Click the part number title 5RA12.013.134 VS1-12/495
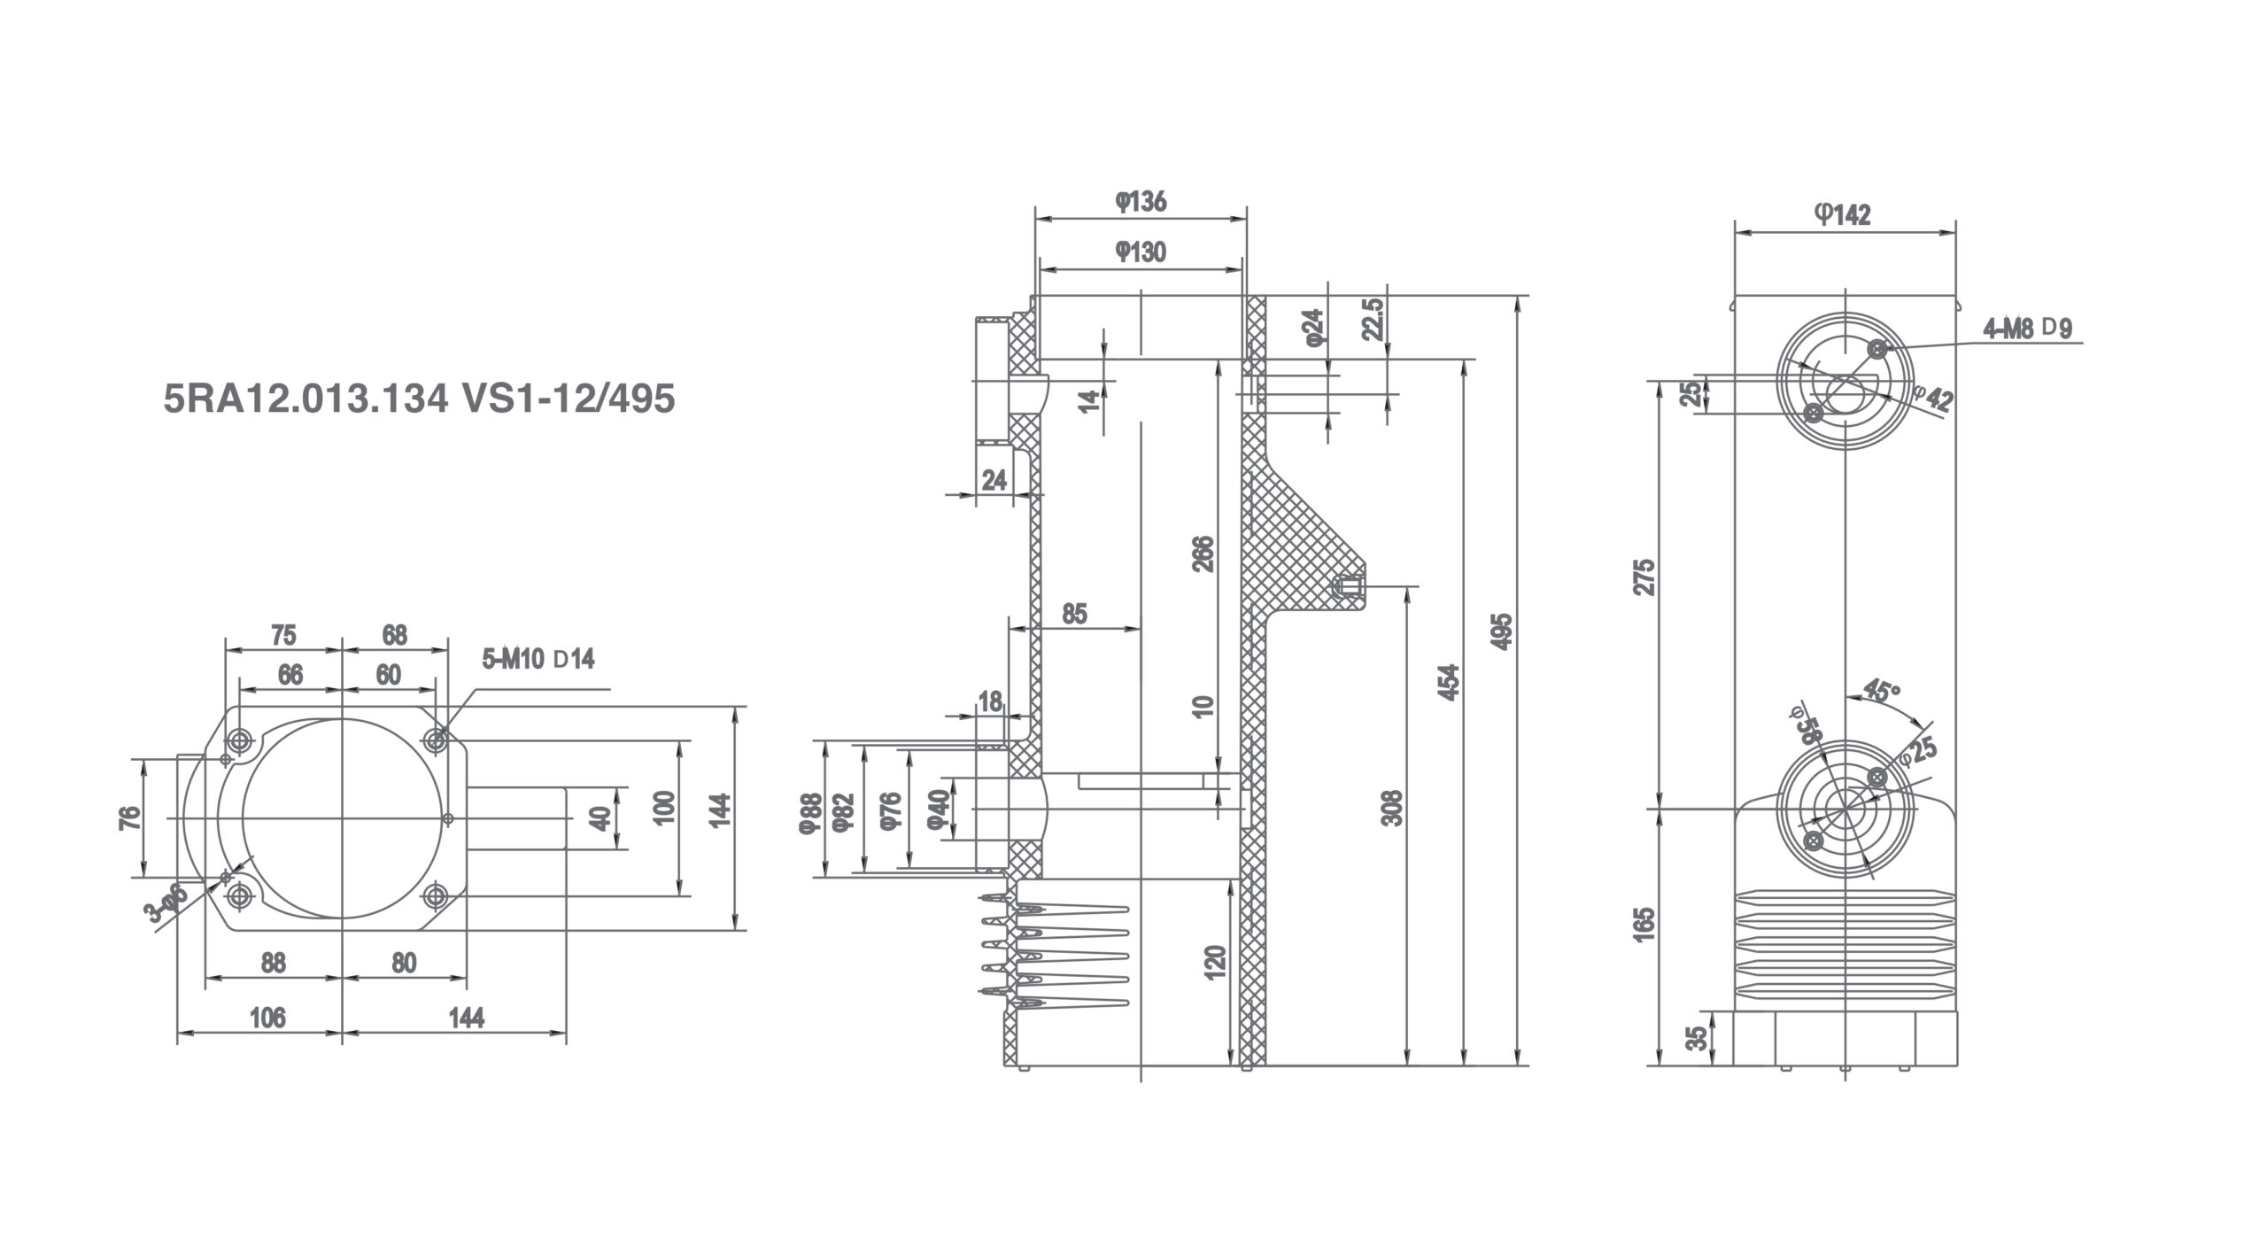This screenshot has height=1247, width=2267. click(x=419, y=399)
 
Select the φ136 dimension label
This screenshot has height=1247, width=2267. click(x=1141, y=202)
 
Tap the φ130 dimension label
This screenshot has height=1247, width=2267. click(x=1141, y=252)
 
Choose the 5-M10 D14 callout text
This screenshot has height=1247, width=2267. click(x=538, y=659)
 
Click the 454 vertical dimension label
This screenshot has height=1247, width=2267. click(x=1447, y=682)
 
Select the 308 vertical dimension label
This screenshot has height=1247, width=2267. click(x=1393, y=808)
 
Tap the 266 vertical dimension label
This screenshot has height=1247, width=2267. click(x=1203, y=554)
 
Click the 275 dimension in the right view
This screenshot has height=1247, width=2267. click(x=1644, y=577)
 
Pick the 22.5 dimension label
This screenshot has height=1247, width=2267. click(x=1372, y=319)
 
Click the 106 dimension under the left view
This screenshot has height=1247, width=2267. click(x=267, y=1018)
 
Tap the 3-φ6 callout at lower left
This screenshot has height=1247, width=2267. click(x=168, y=904)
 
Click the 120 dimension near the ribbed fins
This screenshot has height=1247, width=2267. click(x=1215, y=963)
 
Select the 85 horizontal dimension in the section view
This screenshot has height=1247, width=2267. click(x=1073, y=614)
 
